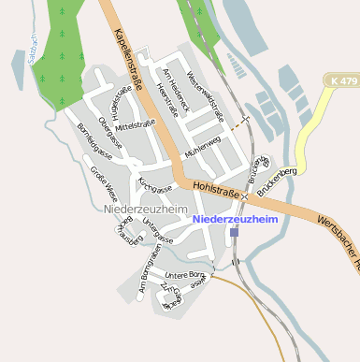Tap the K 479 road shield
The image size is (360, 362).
344,82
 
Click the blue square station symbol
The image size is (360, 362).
234,231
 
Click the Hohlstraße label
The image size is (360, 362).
212,189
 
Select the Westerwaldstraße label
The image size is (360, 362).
206,94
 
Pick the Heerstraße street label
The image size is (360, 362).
168,99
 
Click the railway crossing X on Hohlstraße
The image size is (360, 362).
244,195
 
